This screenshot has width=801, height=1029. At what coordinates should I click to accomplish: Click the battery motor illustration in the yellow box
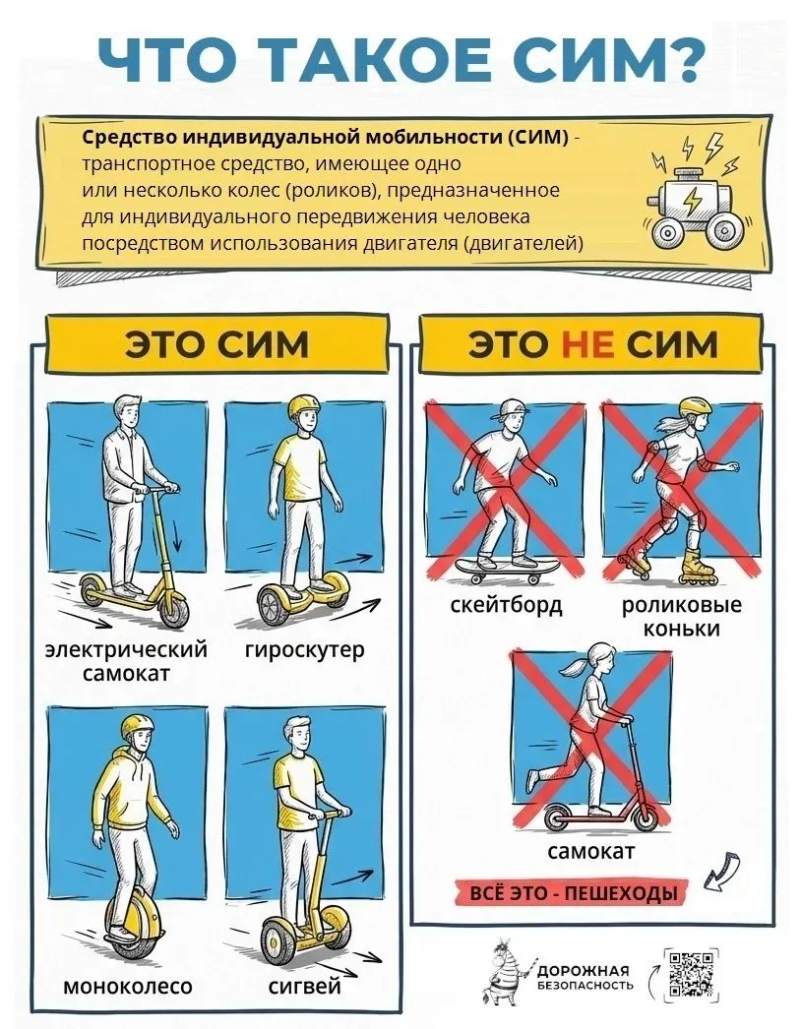pos(693,197)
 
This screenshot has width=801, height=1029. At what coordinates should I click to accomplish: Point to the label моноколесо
pos(128,986)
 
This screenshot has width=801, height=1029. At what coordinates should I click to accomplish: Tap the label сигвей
pos(305,987)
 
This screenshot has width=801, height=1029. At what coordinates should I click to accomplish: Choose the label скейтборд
pos(506,604)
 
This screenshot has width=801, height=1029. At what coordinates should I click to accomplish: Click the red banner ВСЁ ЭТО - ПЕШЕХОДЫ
pos(574,893)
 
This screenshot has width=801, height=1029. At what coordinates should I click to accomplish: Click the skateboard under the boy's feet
pos(506,568)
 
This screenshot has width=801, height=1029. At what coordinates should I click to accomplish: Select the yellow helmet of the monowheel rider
pos(137,728)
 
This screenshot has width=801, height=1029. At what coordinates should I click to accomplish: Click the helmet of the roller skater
pos(696,406)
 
